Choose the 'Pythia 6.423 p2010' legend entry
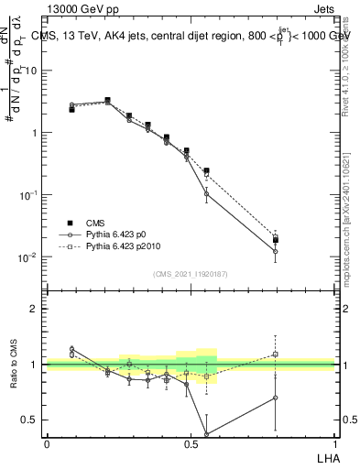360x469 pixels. pos(118,246)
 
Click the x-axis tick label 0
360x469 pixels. pos(47,443)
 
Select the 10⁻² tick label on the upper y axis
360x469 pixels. pos(29,256)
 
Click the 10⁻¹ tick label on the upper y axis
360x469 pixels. pos(29,195)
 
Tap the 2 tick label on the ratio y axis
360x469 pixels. pos(36,309)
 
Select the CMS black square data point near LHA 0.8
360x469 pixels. pos(276,240)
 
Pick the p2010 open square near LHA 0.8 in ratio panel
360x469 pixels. pos(276,354)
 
